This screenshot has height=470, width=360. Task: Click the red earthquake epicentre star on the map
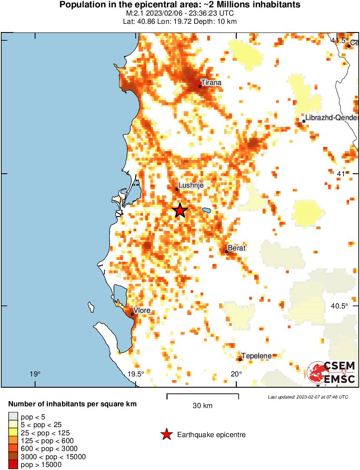(180, 211)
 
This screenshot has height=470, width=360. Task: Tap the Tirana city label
(211, 83)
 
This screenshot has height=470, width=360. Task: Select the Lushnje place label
(191, 185)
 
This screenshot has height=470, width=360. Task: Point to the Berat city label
(237, 248)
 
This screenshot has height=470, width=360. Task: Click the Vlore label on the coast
(142, 311)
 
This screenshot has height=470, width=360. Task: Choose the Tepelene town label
(256, 356)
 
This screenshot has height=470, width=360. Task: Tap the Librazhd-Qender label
(331, 118)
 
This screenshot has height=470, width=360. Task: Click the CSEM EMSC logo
(332, 373)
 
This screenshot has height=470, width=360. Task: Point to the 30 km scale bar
(203, 395)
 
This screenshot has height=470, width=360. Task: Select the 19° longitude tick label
(35, 374)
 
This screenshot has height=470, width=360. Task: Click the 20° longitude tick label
(236, 374)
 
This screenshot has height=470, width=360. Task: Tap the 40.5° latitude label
(339, 306)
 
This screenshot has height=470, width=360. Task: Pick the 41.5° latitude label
(339, 40)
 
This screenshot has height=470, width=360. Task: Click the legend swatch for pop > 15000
(13, 465)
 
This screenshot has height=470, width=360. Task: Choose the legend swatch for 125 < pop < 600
(13, 441)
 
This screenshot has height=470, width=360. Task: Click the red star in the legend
(166, 434)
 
